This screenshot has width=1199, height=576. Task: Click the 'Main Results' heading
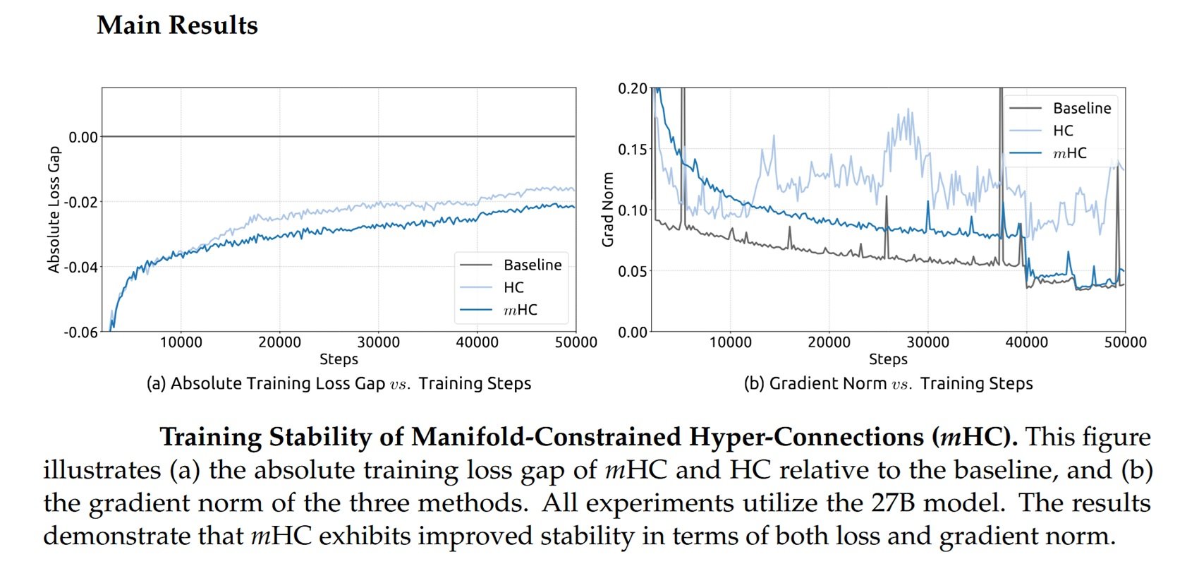coord(177,25)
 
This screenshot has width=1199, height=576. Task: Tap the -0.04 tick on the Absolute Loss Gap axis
coord(81,267)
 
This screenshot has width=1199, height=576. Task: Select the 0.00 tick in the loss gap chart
coord(83,137)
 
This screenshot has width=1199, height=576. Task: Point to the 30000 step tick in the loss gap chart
coord(378,342)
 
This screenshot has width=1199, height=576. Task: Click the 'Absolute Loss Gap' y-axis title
coord(54,210)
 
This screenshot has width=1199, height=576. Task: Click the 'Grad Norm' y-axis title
coord(607,210)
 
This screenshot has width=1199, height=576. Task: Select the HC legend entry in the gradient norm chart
coord(1062,131)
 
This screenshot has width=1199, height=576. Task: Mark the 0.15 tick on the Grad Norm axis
coord(633,150)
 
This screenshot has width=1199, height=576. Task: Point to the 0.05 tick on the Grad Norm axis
coord(633,271)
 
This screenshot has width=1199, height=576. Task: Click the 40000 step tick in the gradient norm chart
coord(1026,342)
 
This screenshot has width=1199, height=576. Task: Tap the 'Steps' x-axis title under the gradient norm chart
coord(888,359)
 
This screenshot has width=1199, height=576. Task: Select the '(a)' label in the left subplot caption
coord(157,383)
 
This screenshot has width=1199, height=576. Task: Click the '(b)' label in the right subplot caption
coord(754,383)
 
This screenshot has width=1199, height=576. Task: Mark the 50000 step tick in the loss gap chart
coord(576,342)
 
